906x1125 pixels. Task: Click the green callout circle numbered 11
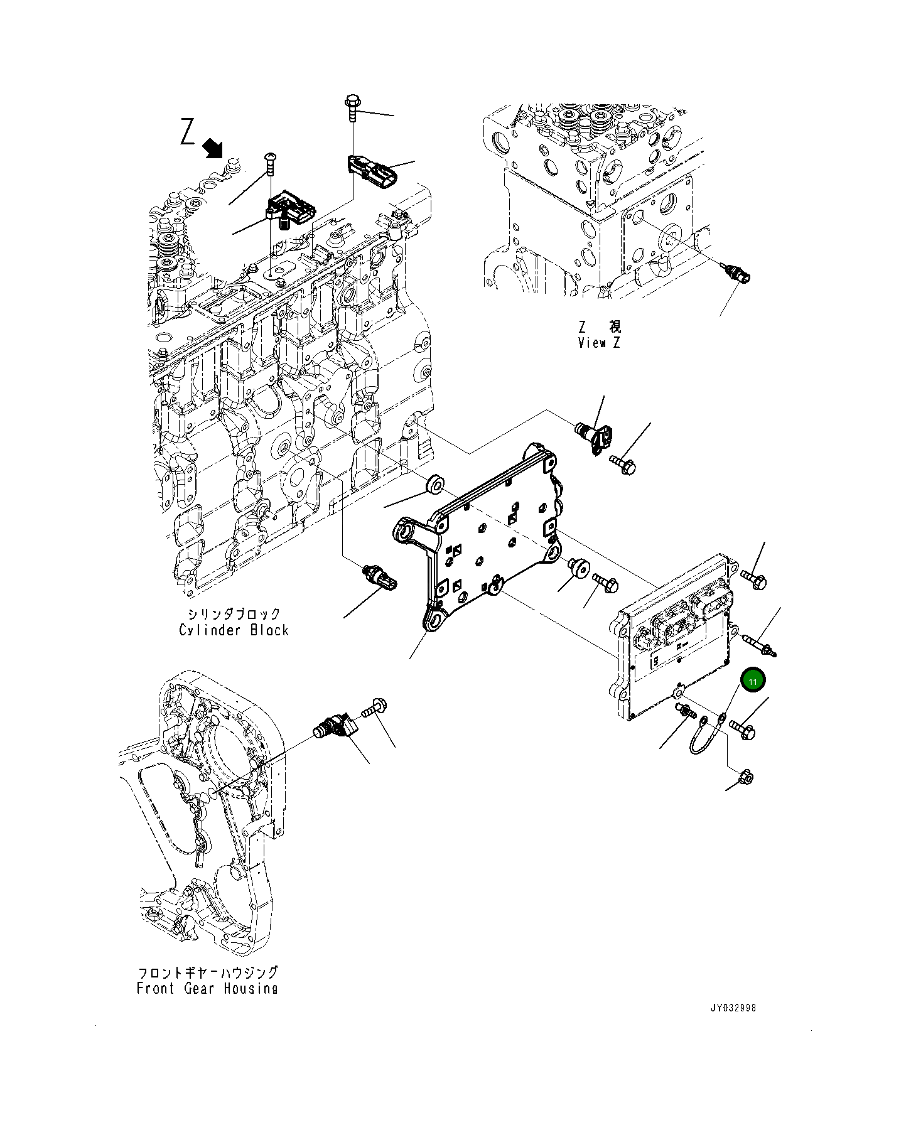click(753, 681)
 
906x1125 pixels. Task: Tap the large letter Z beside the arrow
click(187, 132)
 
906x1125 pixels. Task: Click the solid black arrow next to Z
click(214, 149)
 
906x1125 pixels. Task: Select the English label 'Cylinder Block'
click(234, 630)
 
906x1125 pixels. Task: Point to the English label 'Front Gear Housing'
click(207, 988)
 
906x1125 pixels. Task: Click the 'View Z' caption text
click(599, 343)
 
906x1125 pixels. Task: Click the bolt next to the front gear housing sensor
click(375, 709)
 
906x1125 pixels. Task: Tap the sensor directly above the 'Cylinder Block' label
click(380, 577)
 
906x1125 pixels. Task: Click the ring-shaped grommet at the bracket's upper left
click(435, 485)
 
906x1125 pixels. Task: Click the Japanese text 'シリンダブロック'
click(234, 613)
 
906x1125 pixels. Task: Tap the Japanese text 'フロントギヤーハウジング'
click(207, 972)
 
